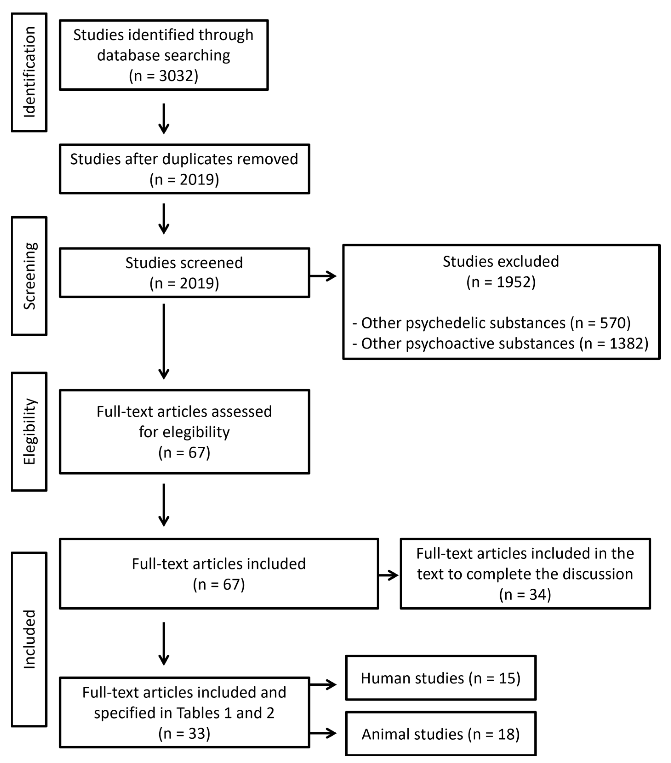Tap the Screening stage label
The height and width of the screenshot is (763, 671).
click(29, 276)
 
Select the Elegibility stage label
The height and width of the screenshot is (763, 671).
click(29, 432)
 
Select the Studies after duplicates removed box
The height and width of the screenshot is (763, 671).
click(184, 169)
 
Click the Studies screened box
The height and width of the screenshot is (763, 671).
click(184, 273)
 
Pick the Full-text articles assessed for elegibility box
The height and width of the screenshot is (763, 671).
click(184, 432)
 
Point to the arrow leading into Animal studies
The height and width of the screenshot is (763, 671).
click(323, 733)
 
